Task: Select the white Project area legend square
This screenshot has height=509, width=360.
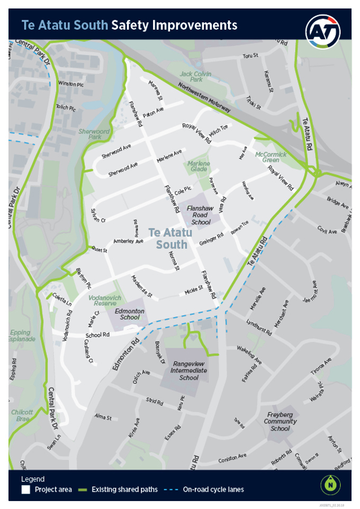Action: (25, 489)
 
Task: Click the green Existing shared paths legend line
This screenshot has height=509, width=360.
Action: (84, 489)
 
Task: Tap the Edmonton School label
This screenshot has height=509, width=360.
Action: (130, 314)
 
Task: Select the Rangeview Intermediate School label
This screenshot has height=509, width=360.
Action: (188, 370)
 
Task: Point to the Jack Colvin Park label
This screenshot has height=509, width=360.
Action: (195, 76)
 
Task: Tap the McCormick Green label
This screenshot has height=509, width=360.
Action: (271, 157)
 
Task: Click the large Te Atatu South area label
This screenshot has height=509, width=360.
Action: (168, 238)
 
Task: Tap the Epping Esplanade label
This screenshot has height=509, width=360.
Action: (23, 335)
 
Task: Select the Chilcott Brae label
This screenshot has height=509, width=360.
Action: (21, 415)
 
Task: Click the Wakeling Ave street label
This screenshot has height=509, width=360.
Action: (249, 357)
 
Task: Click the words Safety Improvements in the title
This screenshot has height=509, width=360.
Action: (174, 25)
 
